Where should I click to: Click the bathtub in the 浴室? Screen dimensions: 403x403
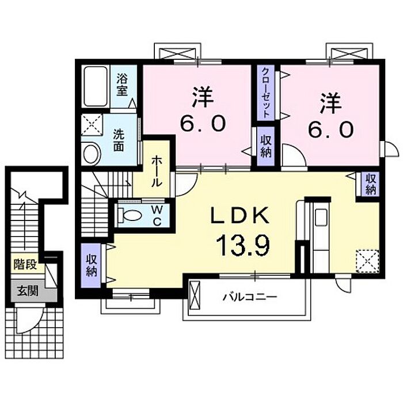coord(96,86)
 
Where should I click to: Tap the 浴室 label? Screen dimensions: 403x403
coord(122,85)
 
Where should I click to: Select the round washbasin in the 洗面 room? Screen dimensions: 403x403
coord(91,154)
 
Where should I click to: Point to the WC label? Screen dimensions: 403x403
coord(157,215)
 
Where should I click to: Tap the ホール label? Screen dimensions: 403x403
coord(157,171)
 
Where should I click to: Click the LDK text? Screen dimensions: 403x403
coord(240,216)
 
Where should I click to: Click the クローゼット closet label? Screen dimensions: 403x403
coord(266,92)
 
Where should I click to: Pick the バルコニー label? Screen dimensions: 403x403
coord(249,298)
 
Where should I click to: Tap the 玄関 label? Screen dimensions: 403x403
coord(28,291)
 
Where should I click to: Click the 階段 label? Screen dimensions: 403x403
coord(25,264)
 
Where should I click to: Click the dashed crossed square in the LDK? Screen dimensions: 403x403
coord(367,261)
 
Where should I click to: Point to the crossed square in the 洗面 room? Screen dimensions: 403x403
coord(92,125)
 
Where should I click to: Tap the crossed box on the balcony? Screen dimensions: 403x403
coord(195,296)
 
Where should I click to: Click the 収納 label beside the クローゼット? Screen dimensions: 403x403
coord(266,146)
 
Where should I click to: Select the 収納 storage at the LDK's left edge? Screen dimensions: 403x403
coord(91,265)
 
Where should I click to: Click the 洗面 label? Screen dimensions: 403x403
coord(119,140)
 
